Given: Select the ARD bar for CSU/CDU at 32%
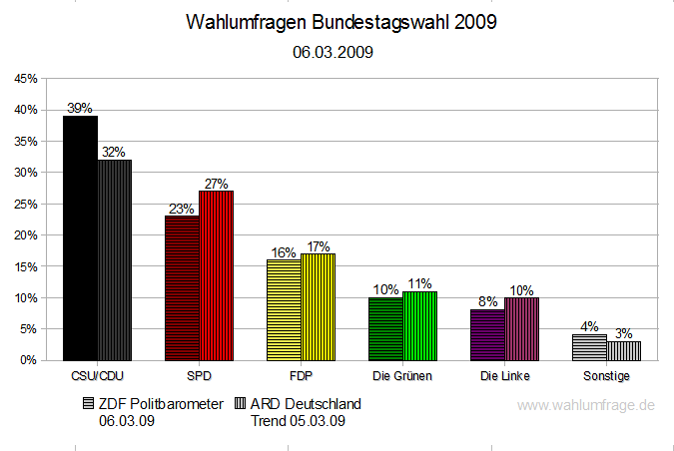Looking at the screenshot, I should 114,259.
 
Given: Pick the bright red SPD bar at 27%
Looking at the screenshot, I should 216,274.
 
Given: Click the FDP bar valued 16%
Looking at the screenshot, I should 284,309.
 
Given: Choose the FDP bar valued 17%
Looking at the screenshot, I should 318,306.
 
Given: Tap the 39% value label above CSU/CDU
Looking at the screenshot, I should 80,108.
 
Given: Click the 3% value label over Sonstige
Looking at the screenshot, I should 623,333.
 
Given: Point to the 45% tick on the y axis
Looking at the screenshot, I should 26,78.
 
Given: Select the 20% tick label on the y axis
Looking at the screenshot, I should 26,234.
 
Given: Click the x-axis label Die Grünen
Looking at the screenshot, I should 402,376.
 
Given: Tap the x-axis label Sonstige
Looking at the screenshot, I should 606,376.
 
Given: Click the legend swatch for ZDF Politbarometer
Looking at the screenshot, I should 89,404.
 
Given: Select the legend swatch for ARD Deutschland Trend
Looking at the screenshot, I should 241,404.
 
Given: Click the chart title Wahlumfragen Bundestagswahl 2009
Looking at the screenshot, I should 340,23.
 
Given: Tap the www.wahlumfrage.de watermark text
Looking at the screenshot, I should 586,405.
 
